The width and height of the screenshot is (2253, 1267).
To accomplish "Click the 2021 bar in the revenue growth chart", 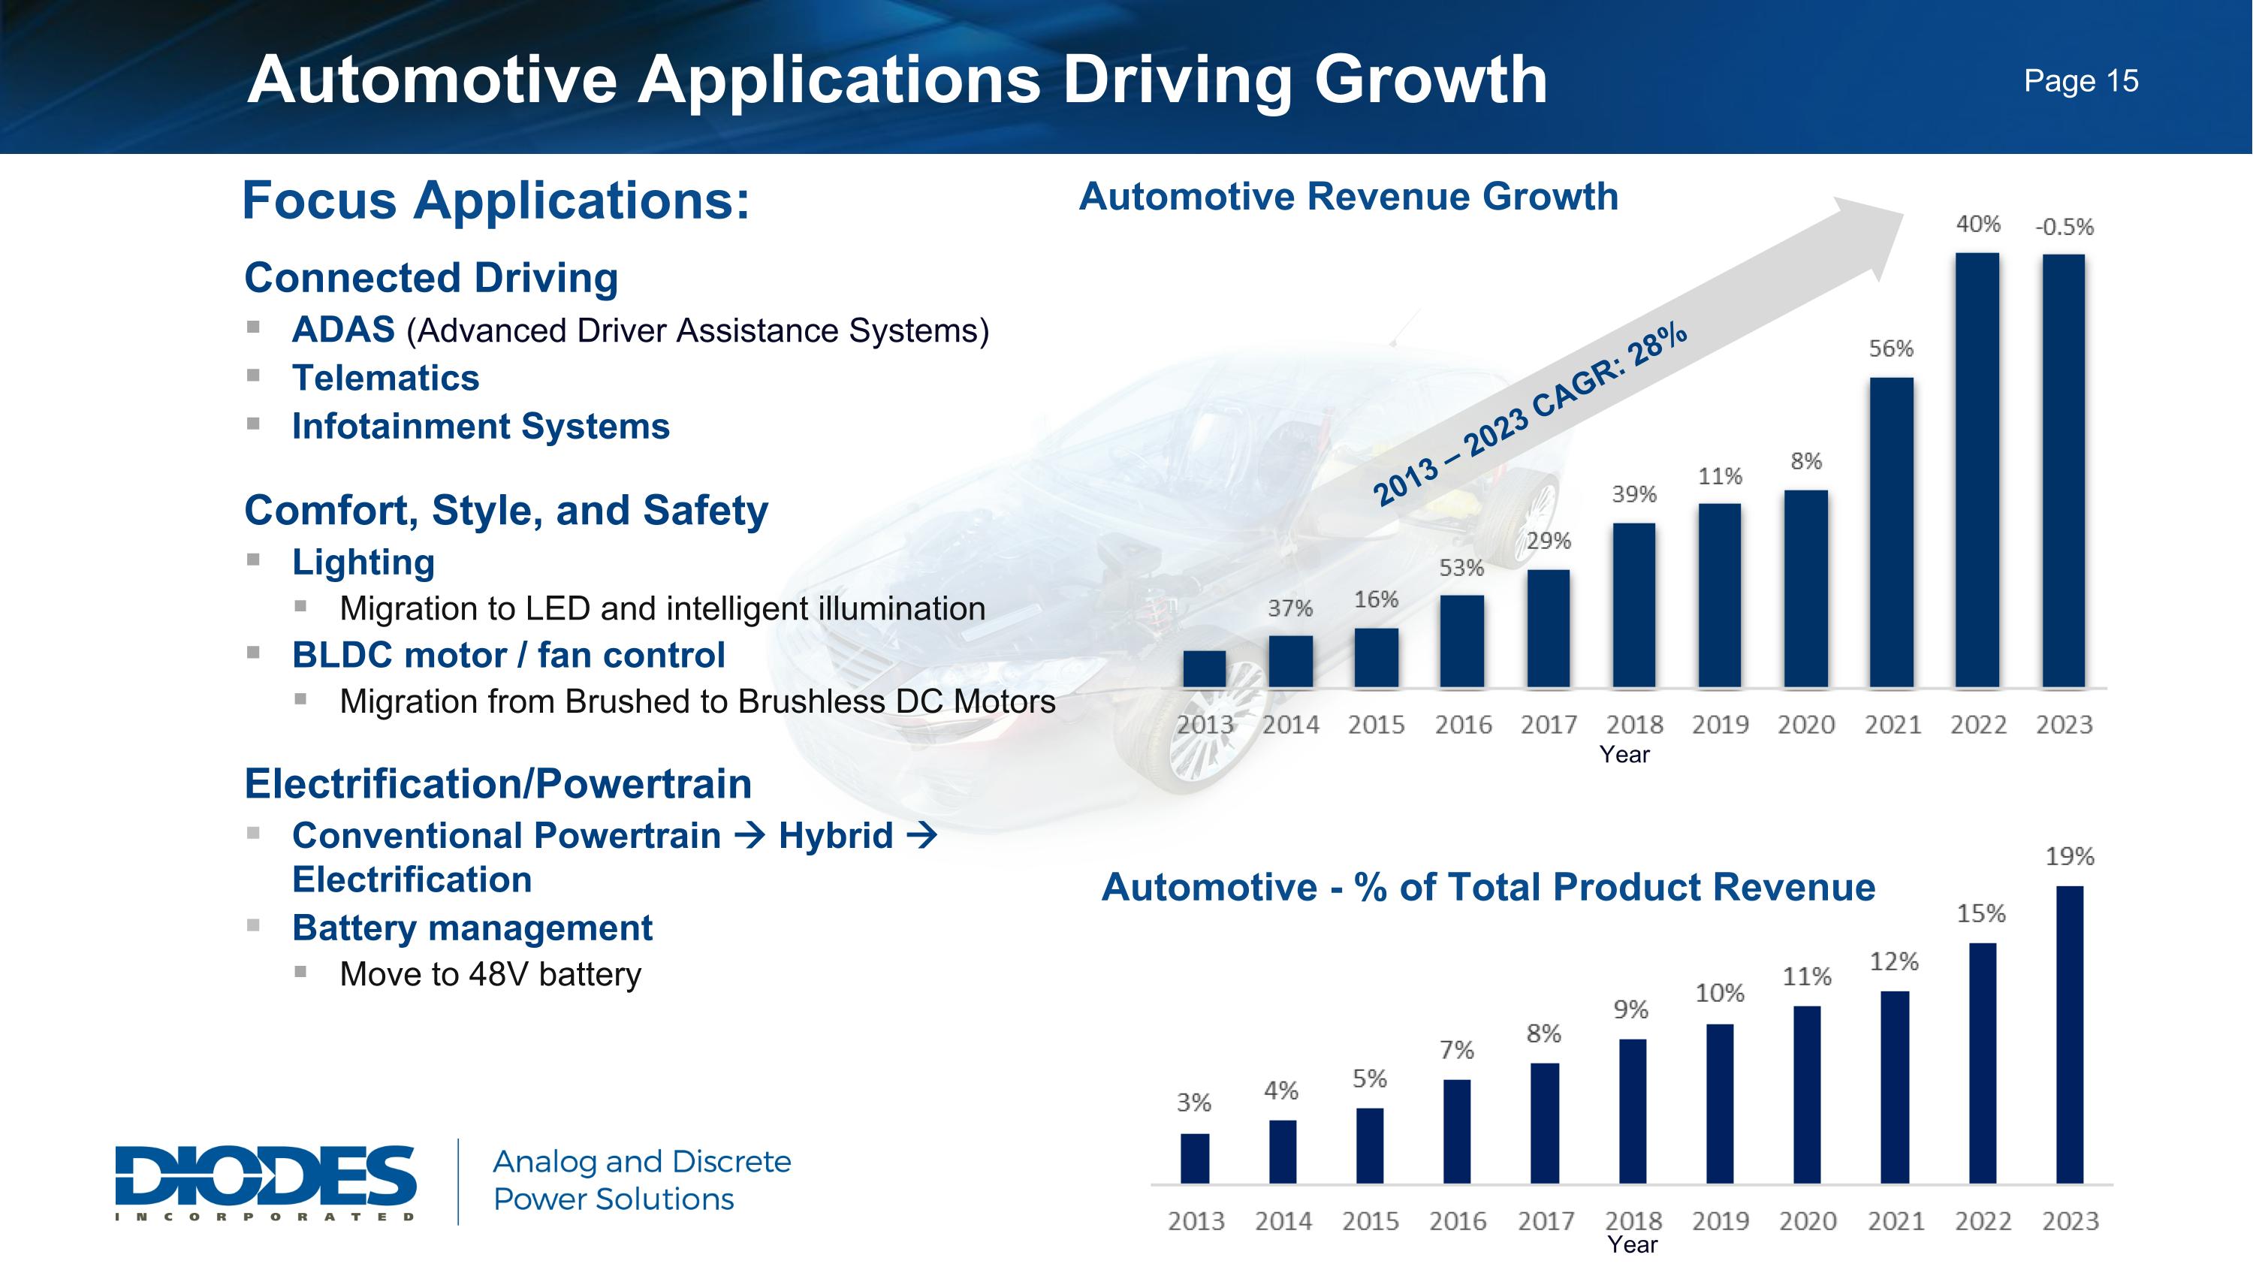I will coord(1891,532).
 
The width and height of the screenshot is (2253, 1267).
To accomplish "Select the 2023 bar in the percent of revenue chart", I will coord(2069,1035).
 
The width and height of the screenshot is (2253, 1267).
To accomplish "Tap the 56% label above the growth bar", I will coord(1891,349).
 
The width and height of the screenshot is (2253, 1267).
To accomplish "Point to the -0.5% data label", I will coord(2064,228).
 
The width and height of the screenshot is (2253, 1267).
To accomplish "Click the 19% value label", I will coord(2069,857).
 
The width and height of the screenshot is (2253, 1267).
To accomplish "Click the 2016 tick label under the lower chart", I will coord(1458,1220).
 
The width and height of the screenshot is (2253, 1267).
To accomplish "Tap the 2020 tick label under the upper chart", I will coord(1806,725).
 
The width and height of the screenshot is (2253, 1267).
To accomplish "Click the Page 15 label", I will coord(2081,81).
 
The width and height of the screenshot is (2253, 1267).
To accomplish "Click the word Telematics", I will coord(386,379).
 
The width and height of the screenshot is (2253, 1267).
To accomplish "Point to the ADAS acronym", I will coord(343,330).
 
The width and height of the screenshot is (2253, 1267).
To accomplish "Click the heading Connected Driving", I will coord(431,278).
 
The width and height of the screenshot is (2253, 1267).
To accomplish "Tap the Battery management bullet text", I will coord(472,928).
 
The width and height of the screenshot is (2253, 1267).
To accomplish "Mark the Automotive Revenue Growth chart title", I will coord(1349,197).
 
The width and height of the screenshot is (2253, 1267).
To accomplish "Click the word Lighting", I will coord(363,563).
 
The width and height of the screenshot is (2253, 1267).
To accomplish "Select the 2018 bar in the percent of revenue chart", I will coord(1632,1112).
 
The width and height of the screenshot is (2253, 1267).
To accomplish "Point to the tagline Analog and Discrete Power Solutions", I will coord(642,1181).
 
